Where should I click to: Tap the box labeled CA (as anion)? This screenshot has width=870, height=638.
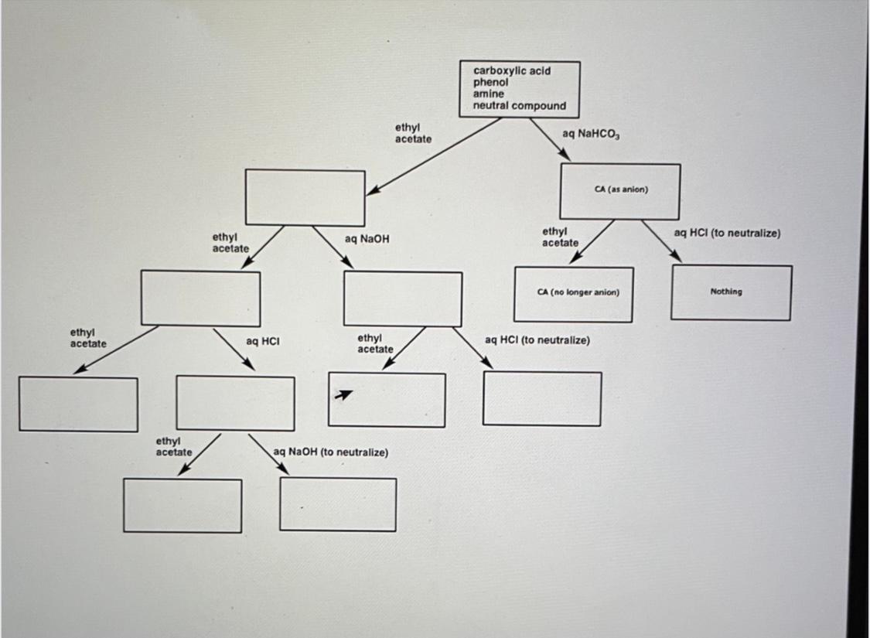click(x=620, y=191)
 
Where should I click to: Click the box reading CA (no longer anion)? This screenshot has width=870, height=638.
click(x=573, y=294)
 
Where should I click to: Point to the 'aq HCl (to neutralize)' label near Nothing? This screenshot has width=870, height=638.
click(x=727, y=233)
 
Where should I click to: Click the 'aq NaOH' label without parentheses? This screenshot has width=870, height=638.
click(x=367, y=240)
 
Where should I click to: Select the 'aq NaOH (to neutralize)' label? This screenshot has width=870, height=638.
click(x=331, y=452)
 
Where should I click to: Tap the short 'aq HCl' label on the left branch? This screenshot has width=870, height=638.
click(x=262, y=340)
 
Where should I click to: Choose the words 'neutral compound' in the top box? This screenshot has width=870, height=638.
click(x=519, y=106)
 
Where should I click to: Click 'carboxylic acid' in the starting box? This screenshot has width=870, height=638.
click(x=511, y=70)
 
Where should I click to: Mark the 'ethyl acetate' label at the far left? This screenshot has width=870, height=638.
click(x=88, y=339)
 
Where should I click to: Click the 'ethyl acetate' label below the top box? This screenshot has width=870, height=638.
click(x=413, y=133)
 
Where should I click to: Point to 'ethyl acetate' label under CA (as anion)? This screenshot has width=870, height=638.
click(x=560, y=237)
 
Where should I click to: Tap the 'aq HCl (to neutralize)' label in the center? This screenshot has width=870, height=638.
click(x=537, y=340)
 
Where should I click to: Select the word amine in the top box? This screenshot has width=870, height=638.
click(x=488, y=94)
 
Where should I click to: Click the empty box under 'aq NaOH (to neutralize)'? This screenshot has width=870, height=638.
click(x=338, y=504)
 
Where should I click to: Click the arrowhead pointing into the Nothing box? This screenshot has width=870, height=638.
click(x=676, y=257)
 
